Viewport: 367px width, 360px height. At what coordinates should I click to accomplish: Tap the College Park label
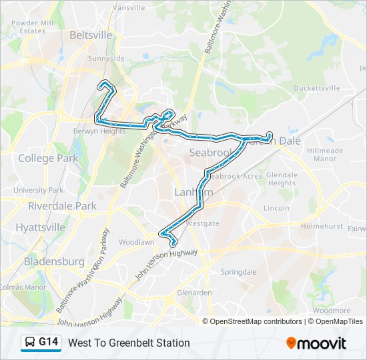pyautogui.click(x=48, y=159)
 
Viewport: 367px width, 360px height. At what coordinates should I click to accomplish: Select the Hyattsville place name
pyautogui.click(x=41, y=227)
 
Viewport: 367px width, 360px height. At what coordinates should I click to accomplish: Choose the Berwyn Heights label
pyautogui.click(x=99, y=131)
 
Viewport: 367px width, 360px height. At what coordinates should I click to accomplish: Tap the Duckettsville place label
pyautogui.click(x=318, y=88)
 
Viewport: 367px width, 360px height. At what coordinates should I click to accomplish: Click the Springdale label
pyautogui.click(x=239, y=272)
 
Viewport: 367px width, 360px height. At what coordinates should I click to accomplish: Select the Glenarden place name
pyautogui.click(x=194, y=292)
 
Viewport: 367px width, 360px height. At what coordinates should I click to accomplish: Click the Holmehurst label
pyautogui.click(x=321, y=226)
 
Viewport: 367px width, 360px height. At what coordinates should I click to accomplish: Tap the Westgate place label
pyautogui.click(x=203, y=223)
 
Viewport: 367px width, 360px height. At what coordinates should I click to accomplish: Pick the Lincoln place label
pyautogui.click(x=276, y=208)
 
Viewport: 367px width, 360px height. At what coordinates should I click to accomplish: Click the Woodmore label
pyautogui.click(x=331, y=311)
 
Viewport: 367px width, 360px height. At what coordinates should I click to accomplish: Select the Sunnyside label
pyautogui.click(x=106, y=59)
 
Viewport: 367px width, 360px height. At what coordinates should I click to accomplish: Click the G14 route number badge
pyautogui.click(x=49, y=342)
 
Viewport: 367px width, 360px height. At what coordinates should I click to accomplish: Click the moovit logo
pyautogui.click(x=316, y=343)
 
